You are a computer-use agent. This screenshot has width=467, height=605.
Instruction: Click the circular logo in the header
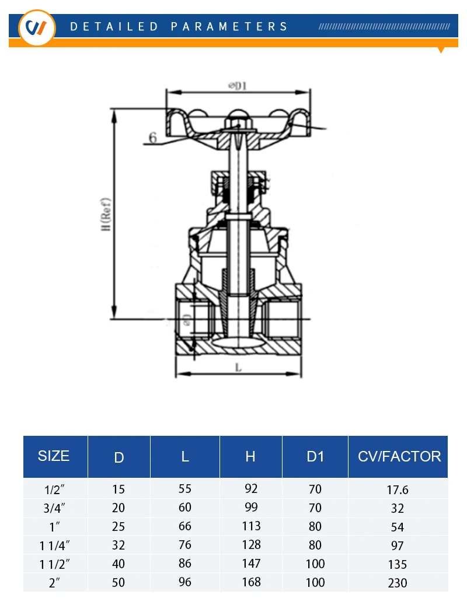37,28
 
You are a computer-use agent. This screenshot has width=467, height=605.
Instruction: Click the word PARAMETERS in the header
229,27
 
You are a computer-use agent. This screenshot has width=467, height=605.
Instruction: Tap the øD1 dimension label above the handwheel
238,85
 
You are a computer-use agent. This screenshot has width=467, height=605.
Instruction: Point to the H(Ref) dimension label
106,215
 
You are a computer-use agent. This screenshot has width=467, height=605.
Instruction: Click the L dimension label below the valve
239,368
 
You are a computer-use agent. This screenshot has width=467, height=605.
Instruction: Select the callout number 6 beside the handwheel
153,137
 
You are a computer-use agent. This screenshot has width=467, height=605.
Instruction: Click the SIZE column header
54,456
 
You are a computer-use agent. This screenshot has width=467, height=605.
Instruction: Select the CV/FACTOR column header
399,456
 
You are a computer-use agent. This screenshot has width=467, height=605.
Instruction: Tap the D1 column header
315,456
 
